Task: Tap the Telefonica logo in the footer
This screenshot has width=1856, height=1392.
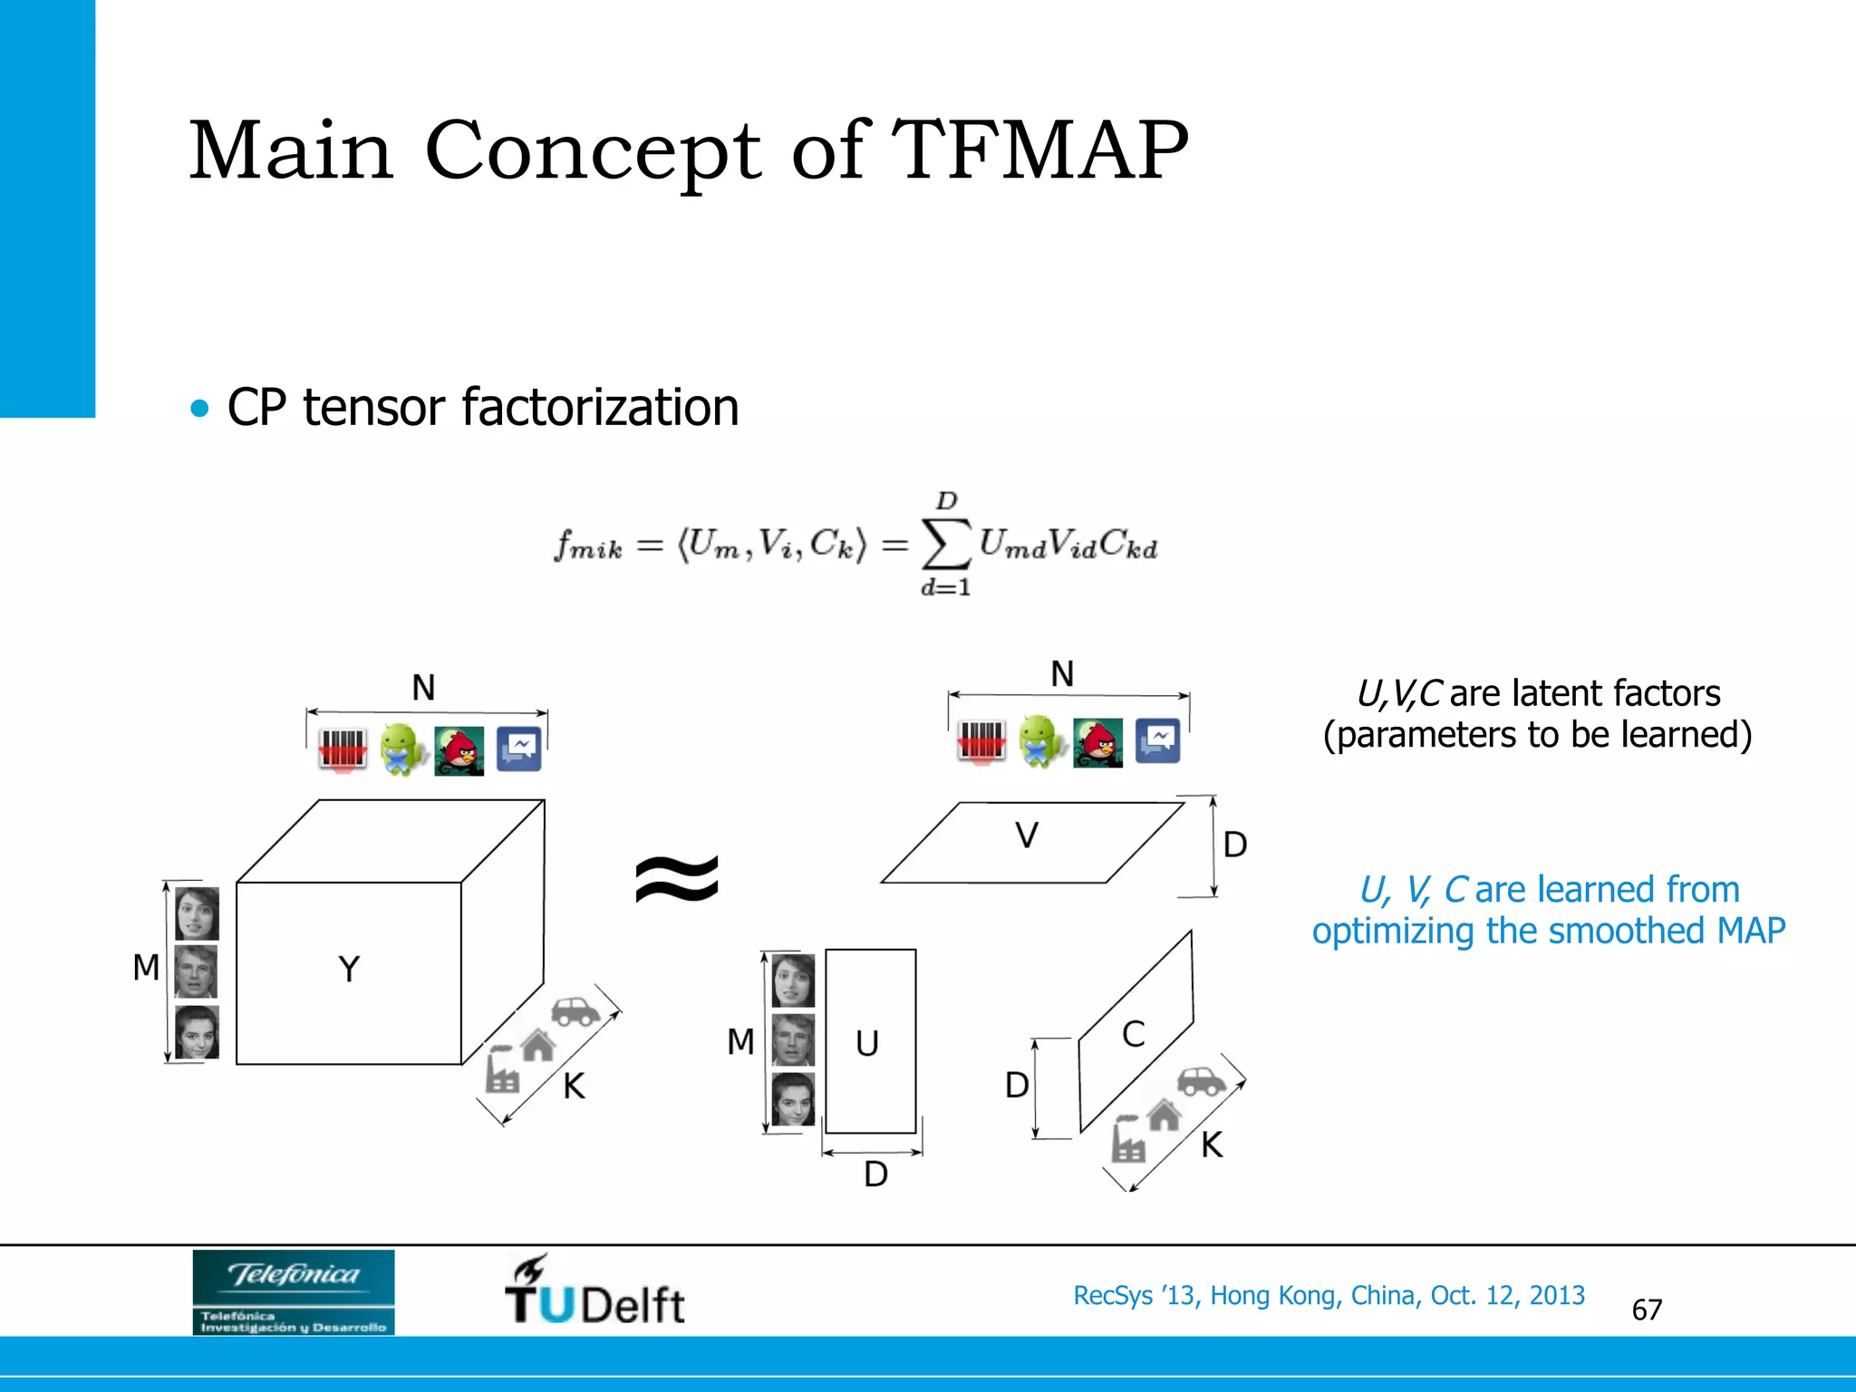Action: point(293,1291)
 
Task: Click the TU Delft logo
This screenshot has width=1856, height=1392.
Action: point(594,1290)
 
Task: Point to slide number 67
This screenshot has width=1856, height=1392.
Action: point(1647,1310)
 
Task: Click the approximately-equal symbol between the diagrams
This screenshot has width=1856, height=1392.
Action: point(677,880)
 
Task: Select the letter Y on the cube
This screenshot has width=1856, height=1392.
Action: point(349,970)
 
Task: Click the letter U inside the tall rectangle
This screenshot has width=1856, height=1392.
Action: point(867,1044)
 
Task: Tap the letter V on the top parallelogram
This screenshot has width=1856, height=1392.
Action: point(1026,836)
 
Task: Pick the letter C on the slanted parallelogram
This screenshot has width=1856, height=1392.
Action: point(1133,1034)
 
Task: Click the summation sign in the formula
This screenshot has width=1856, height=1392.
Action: point(945,544)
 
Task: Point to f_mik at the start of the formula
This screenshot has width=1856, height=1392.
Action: point(588,546)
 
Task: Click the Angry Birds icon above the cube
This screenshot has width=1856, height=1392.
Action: point(459,750)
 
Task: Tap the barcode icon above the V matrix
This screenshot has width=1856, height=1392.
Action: point(981,741)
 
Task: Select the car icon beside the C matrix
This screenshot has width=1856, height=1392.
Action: point(1201,1081)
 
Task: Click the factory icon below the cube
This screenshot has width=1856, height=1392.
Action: point(502,1071)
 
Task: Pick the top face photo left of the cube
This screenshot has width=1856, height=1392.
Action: point(197,913)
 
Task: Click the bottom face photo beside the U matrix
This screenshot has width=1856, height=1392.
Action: point(793,1099)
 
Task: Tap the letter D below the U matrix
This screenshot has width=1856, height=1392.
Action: point(875,1174)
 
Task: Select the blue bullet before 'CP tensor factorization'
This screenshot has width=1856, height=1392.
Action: point(199,408)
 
